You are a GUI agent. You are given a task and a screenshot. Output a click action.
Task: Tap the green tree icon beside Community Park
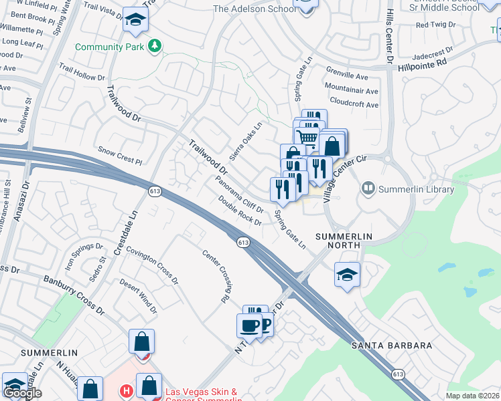coord(155,45)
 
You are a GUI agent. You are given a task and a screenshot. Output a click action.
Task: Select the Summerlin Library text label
coord(416,189)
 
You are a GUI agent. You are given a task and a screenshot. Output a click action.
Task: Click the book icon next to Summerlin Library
coord(368,188)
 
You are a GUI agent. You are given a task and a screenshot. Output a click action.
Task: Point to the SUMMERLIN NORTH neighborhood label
coord(338,241)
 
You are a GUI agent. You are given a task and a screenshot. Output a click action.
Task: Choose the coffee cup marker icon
coord(249,325)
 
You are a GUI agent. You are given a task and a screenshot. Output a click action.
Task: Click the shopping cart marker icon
coord(307,138)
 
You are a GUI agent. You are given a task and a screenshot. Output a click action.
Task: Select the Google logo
coord(22,393)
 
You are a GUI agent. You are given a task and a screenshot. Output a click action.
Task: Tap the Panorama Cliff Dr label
coord(240,194)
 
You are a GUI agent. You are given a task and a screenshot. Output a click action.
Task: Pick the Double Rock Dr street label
coord(239,208)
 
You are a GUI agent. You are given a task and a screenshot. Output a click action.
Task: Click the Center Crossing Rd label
coord(215,275)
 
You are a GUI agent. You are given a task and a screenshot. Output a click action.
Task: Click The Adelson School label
coord(254,9)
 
